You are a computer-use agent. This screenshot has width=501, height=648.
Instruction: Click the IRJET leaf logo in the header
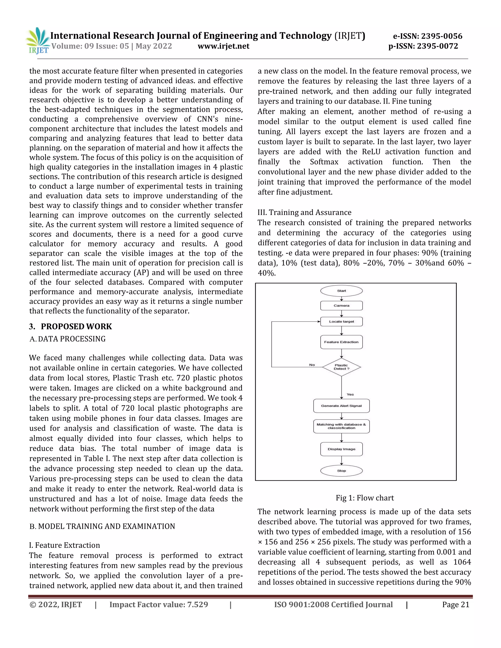pos(38,40)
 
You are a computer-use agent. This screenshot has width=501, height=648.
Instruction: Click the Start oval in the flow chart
pos(341,291)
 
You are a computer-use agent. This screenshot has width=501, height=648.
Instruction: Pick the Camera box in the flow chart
pos(341,306)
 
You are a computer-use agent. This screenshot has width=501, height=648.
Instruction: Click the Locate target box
pos(341,322)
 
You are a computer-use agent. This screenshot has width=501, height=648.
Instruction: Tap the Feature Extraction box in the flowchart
pos(341,342)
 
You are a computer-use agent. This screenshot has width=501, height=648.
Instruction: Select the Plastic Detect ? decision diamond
pos(341,367)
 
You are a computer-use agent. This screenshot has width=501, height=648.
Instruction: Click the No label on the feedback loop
pos(312,365)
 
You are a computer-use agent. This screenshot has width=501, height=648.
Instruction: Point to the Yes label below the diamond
pos(350,394)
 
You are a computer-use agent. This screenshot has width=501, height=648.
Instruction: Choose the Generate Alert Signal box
pos(341,406)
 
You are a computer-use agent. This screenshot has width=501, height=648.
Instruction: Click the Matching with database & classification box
pos(341,426)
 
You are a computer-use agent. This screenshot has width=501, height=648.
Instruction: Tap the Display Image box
pos(341,449)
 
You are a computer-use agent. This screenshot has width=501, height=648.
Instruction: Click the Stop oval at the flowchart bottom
pos(341,470)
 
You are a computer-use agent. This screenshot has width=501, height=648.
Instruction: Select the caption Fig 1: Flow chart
pos(364,498)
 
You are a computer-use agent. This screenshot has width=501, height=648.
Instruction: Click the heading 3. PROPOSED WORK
pos(70,326)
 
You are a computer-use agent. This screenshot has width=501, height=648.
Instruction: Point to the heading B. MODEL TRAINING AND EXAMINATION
pos(102,526)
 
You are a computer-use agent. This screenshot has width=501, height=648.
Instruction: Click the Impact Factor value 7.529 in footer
pos(159,605)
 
